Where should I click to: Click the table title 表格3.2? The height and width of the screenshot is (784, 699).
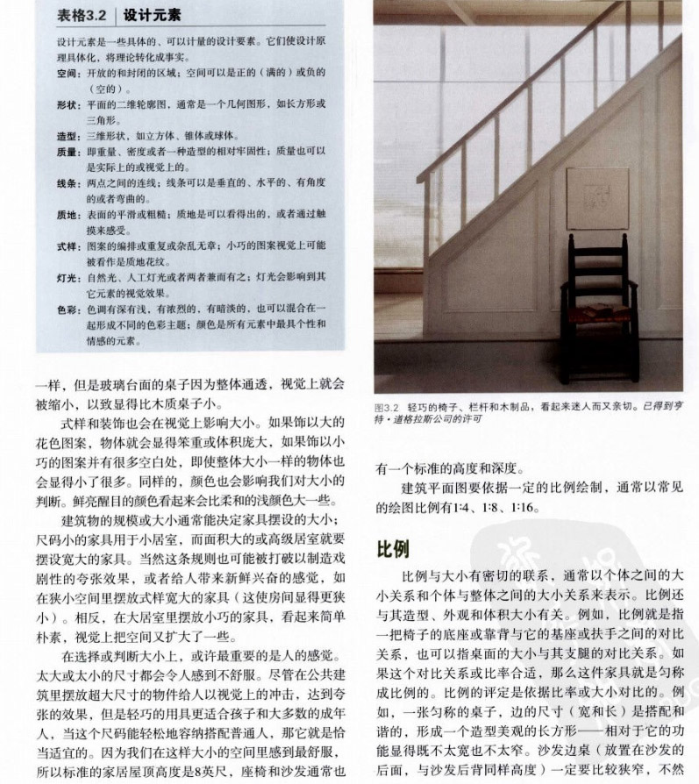pyautogui.click(x=84, y=15)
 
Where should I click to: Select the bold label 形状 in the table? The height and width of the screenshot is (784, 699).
pyautogui.click(x=67, y=103)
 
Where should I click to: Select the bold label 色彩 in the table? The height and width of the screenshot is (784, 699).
pyautogui.click(x=67, y=308)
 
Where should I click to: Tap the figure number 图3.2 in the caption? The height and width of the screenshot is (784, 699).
pyautogui.click(x=387, y=407)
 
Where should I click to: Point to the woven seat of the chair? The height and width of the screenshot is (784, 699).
pyautogui.click(x=598, y=313)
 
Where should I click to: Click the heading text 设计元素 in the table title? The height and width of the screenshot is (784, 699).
pyautogui.click(x=147, y=15)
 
